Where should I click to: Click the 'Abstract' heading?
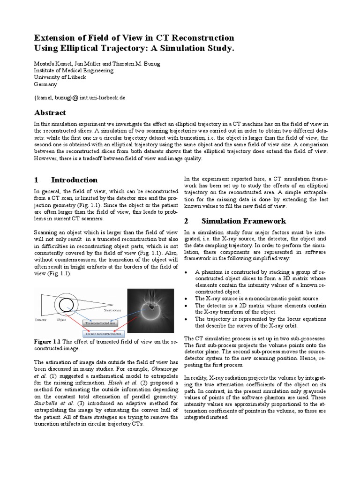(x=50, y=112)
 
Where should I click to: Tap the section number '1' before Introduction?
(x=36, y=180)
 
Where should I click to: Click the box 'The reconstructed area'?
(x=100, y=323)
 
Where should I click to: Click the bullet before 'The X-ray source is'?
(x=187, y=299)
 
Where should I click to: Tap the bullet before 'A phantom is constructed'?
(x=187, y=272)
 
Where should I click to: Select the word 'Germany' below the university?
(x=45, y=84)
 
